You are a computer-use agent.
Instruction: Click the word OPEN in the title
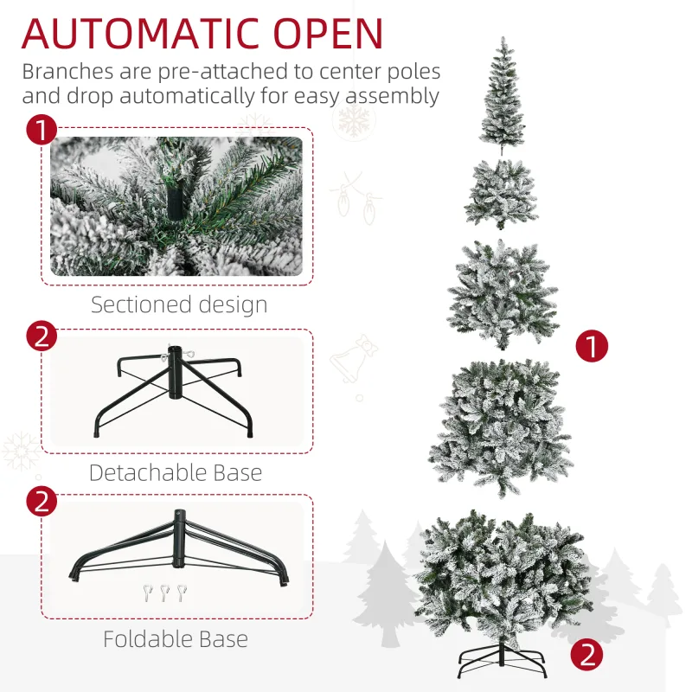(x=328, y=34)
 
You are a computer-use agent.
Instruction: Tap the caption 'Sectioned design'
(x=179, y=304)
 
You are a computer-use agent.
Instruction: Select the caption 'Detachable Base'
(x=176, y=472)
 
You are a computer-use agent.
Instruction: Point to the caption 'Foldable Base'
(x=176, y=638)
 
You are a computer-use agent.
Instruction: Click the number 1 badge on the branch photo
(x=42, y=131)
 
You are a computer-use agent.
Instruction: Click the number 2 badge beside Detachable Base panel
(x=42, y=336)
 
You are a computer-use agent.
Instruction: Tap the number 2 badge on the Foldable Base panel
(x=42, y=502)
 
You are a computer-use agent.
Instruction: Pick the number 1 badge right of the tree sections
(x=592, y=345)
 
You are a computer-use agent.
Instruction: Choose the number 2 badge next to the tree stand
(x=586, y=655)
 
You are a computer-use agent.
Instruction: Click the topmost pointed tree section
(x=503, y=96)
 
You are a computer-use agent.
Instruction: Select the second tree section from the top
(x=502, y=193)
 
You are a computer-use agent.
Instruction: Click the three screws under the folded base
(x=164, y=593)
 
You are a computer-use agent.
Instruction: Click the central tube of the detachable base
(x=176, y=372)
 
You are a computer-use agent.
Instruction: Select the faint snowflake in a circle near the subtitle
(x=354, y=119)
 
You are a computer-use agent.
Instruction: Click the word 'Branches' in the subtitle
(x=68, y=71)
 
